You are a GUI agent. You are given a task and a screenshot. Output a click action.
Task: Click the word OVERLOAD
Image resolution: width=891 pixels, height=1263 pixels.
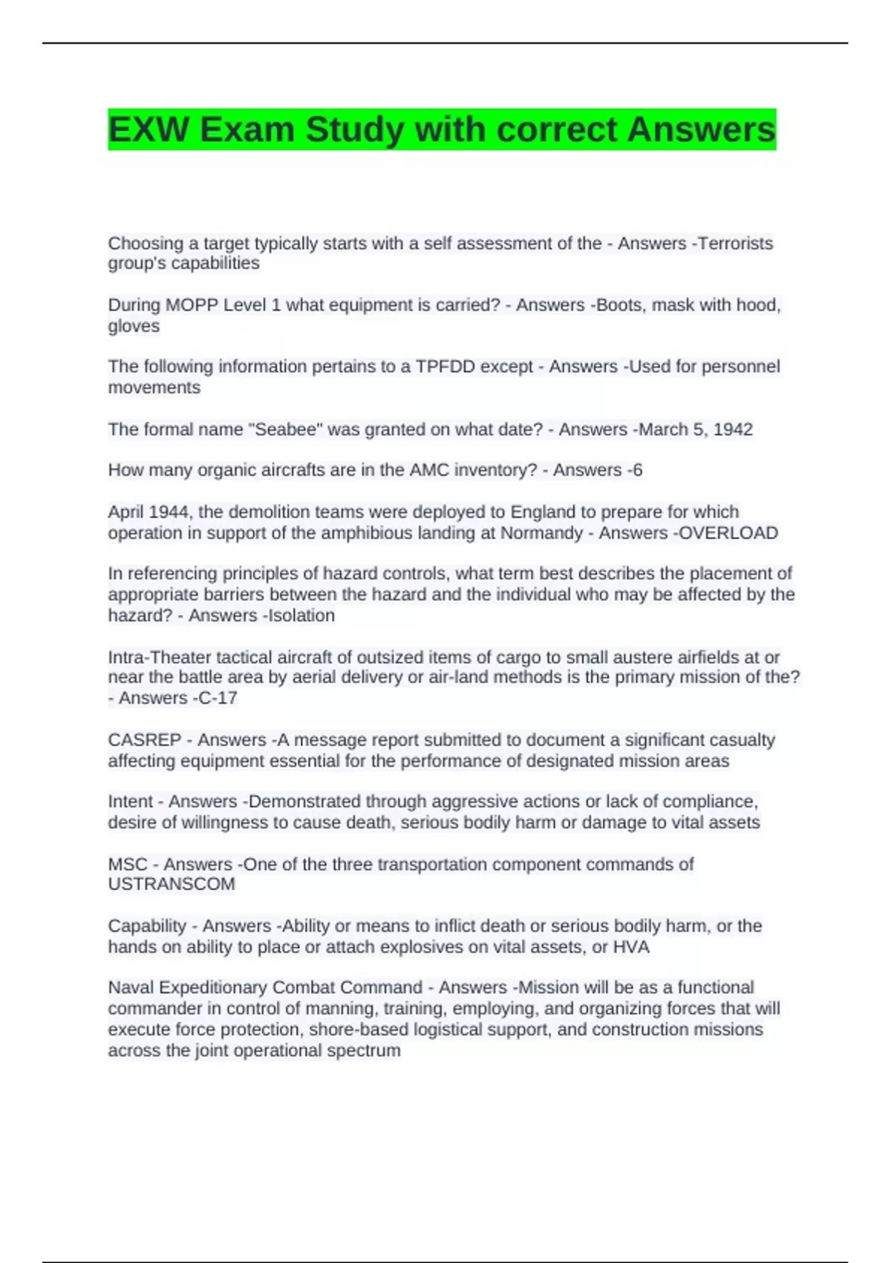pyautogui.click(x=728, y=533)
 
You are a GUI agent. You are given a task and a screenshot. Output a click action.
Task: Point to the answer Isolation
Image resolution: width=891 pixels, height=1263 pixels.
pyautogui.click(x=301, y=615)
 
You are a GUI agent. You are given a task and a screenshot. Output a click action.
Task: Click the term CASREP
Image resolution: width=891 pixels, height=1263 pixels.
pyautogui.click(x=144, y=740)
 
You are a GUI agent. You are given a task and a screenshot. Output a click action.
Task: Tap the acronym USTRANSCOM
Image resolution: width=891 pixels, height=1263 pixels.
pyautogui.click(x=172, y=884)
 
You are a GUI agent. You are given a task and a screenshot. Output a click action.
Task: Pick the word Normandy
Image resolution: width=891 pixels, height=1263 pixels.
pyautogui.click(x=541, y=533)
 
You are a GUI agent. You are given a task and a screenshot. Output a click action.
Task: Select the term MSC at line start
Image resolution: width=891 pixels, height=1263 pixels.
pyautogui.click(x=128, y=864)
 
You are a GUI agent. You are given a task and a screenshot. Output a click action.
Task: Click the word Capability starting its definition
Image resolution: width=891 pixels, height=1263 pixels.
pyautogui.click(x=147, y=926)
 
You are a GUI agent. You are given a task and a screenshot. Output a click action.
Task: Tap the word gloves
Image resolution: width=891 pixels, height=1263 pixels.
pyautogui.click(x=134, y=326)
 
